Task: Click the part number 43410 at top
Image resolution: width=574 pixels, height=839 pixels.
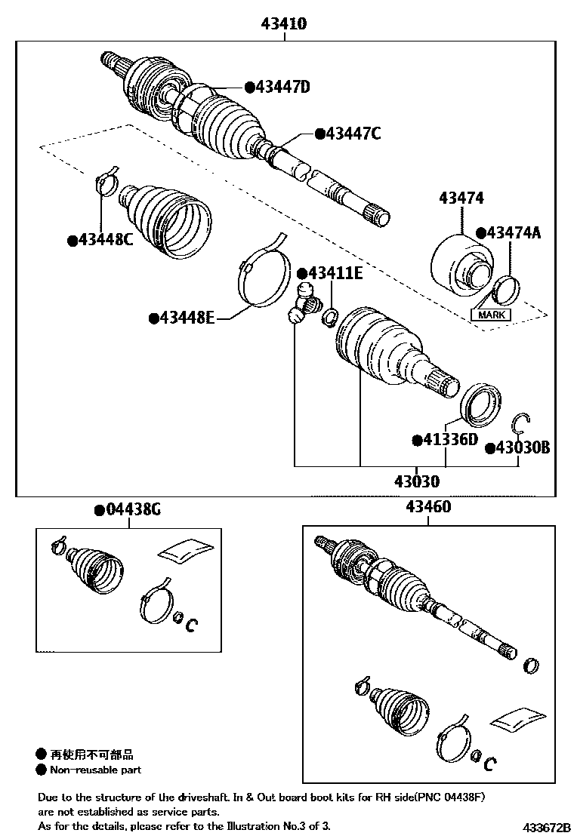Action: pos(284,24)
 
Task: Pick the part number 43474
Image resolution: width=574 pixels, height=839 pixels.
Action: pos(461,198)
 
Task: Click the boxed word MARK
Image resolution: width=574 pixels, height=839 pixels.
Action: pos(491,315)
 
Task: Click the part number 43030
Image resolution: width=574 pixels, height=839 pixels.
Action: pos(415,481)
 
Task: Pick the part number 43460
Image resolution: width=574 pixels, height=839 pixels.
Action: pos(429,506)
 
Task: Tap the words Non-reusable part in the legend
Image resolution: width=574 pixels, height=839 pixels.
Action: pos(95,770)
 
